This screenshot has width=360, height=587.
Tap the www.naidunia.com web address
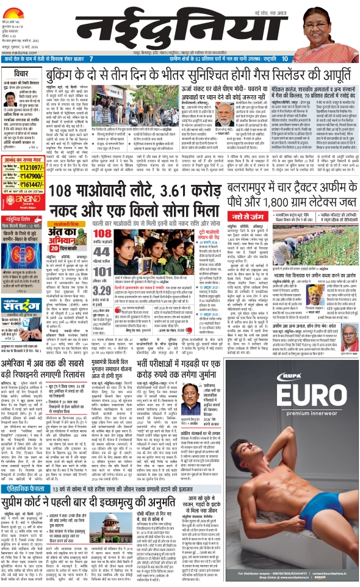point(17,52)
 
